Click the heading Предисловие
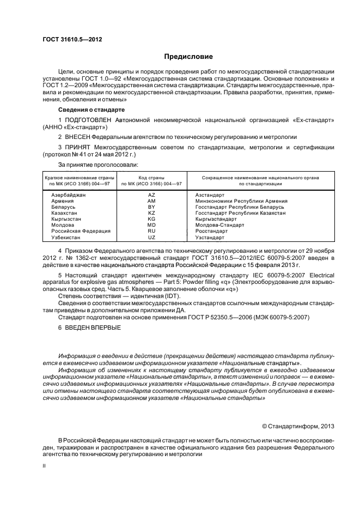[x=188, y=57]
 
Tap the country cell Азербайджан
[x=68, y=195]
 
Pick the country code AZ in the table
[x=151, y=195]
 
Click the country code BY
[x=151, y=207]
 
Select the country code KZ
[x=151, y=213]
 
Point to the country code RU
[x=151, y=231]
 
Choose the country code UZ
[x=151, y=238]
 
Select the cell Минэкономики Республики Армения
[x=241, y=201]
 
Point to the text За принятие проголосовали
[x=97, y=164]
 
